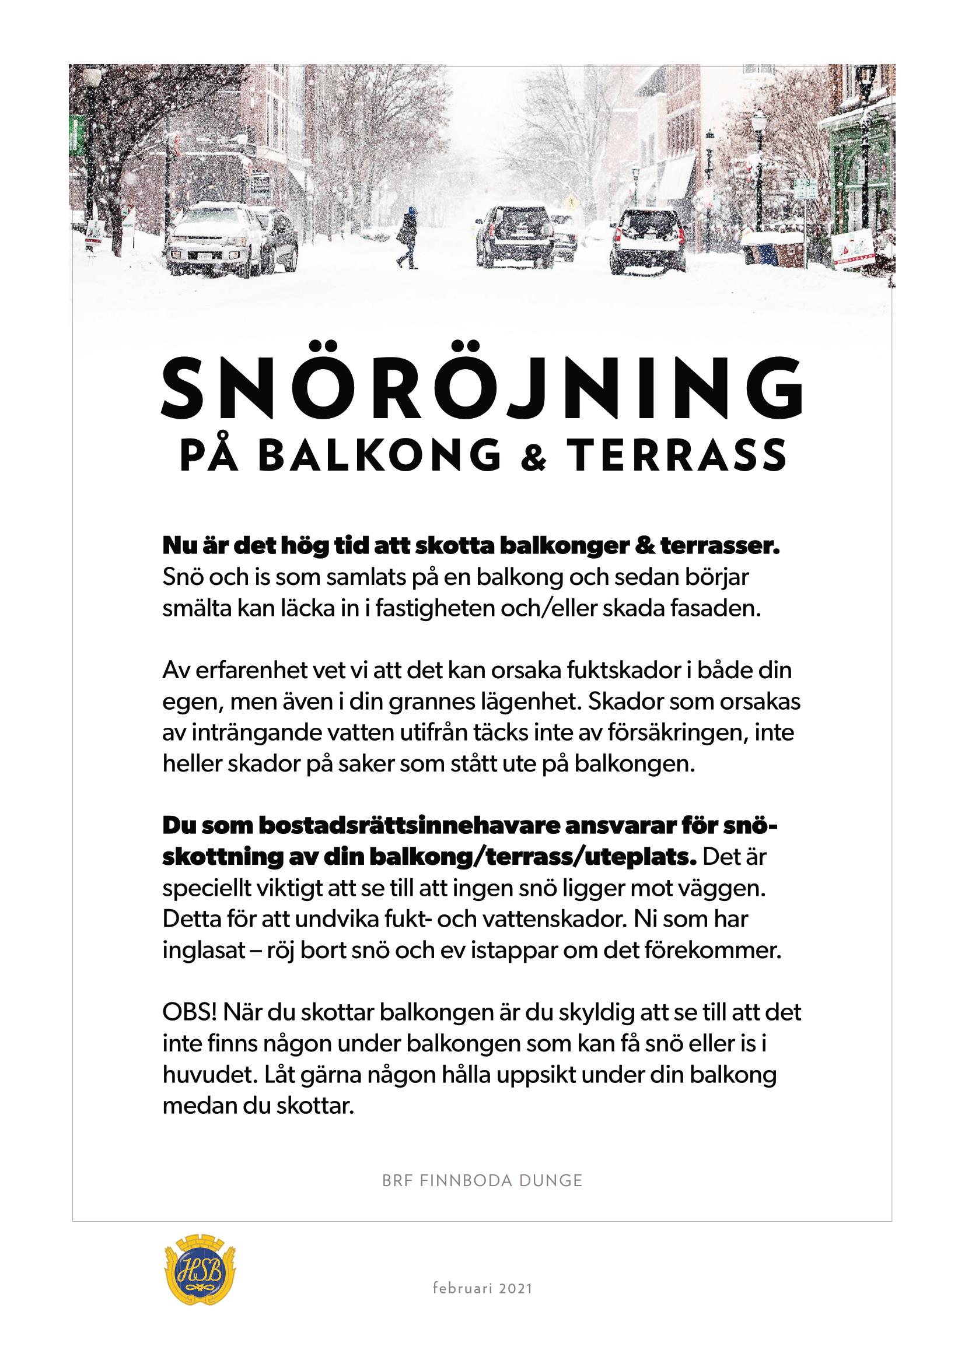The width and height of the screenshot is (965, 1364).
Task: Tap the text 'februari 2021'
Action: coord(482,1288)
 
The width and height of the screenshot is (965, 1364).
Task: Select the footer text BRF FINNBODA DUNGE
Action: coord(482,1180)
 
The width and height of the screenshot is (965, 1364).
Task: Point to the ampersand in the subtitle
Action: coord(534,458)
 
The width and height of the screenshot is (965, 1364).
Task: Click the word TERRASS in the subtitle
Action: coord(677,455)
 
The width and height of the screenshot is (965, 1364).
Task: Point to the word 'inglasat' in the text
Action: coord(204,951)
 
